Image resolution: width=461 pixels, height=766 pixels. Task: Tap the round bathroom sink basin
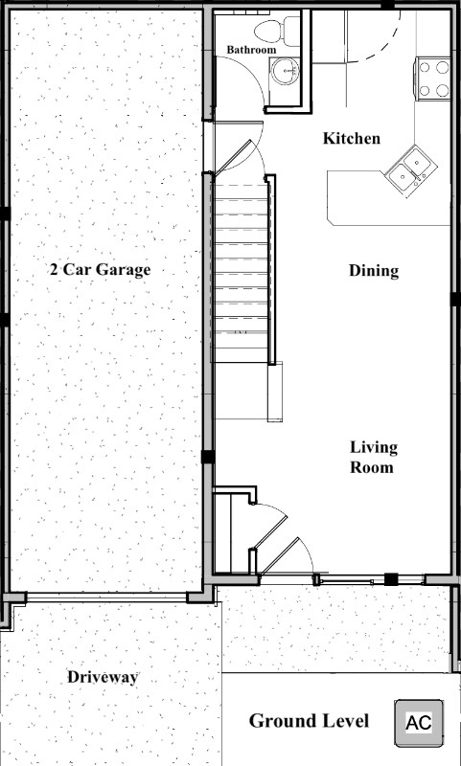[x=284, y=69]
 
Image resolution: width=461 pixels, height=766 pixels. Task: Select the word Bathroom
[x=252, y=50]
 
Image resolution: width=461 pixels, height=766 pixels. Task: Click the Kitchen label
[x=351, y=139]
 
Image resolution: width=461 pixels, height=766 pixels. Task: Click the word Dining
[x=374, y=271]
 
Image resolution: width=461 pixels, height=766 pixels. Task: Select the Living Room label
[x=374, y=458]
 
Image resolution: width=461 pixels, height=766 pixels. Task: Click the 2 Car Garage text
[x=101, y=270]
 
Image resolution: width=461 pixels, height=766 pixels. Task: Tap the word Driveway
[x=103, y=678]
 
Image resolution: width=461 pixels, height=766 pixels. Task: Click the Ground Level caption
[x=310, y=721]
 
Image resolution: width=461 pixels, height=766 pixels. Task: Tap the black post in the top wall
[x=386, y=6]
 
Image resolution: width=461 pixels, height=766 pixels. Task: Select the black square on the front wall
[x=391, y=579]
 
